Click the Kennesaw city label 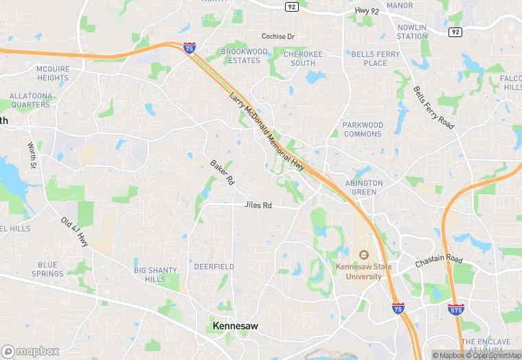[x=236, y=326]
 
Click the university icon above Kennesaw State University [x=363, y=254]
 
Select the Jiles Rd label [x=258, y=205]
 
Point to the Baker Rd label [x=223, y=172]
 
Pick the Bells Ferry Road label [x=434, y=108]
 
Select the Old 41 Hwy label [x=74, y=232]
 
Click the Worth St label [x=32, y=156]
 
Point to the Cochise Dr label [x=278, y=36]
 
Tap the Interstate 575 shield [x=455, y=310]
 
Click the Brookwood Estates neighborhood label [x=244, y=56]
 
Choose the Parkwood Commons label [x=362, y=129]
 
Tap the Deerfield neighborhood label [x=214, y=267]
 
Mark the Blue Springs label [x=47, y=269]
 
